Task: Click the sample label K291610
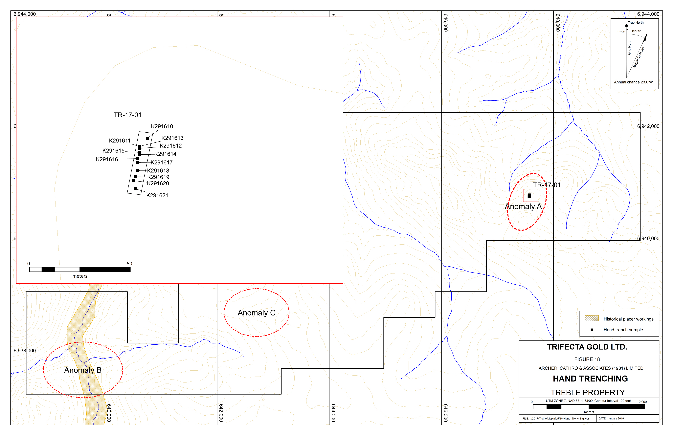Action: point(162,126)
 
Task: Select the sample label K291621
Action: point(157,195)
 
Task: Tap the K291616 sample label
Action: point(107,159)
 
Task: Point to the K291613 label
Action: point(172,138)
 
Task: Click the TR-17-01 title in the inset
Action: point(127,115)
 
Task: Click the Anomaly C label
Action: point(257,313)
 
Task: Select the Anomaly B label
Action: point(83,370)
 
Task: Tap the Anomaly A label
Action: point(523,207)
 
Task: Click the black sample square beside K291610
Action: point(147,138)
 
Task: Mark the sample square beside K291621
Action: point(135,188)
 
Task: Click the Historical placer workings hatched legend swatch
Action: point(592,318)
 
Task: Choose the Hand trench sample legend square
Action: point(592,330)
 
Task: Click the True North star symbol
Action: point(626,26)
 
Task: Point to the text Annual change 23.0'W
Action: point(633,82)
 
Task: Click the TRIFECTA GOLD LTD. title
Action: point(587,347)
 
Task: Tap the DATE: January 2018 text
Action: point(611,418)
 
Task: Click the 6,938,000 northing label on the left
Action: point(25,351)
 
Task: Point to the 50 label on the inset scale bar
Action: point(129,264)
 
